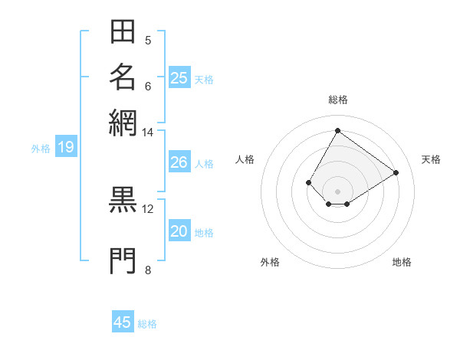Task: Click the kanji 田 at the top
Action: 123,32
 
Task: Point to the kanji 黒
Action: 123,198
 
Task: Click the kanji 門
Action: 123,260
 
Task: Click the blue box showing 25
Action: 179,77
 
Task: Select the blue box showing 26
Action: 179,162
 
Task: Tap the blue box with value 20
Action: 179,231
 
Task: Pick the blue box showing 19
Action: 65,147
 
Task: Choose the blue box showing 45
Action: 123,322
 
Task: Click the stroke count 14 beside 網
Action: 147,133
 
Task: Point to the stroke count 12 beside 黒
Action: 148,208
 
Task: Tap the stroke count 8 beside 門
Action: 148,269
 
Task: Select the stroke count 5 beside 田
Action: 148,41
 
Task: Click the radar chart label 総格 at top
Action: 337,100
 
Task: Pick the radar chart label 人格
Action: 245,159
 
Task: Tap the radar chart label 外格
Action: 270,263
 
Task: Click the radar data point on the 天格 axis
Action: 396,172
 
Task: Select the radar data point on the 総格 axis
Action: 337,130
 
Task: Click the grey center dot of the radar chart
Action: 337,191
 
